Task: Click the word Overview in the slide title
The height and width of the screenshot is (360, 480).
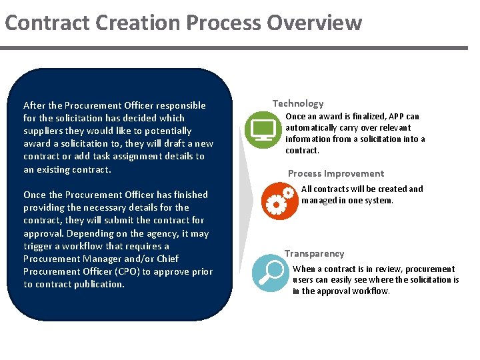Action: point(314,23)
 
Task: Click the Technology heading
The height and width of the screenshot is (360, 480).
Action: point(298,103)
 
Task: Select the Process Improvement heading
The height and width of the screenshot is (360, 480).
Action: point(336,173)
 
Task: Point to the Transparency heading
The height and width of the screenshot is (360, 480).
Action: point(315,253)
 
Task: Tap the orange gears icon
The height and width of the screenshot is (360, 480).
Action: point(279,202)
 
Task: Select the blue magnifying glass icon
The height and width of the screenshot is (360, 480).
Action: point(271,273)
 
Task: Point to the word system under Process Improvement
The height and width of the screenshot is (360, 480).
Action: point(379,201)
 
